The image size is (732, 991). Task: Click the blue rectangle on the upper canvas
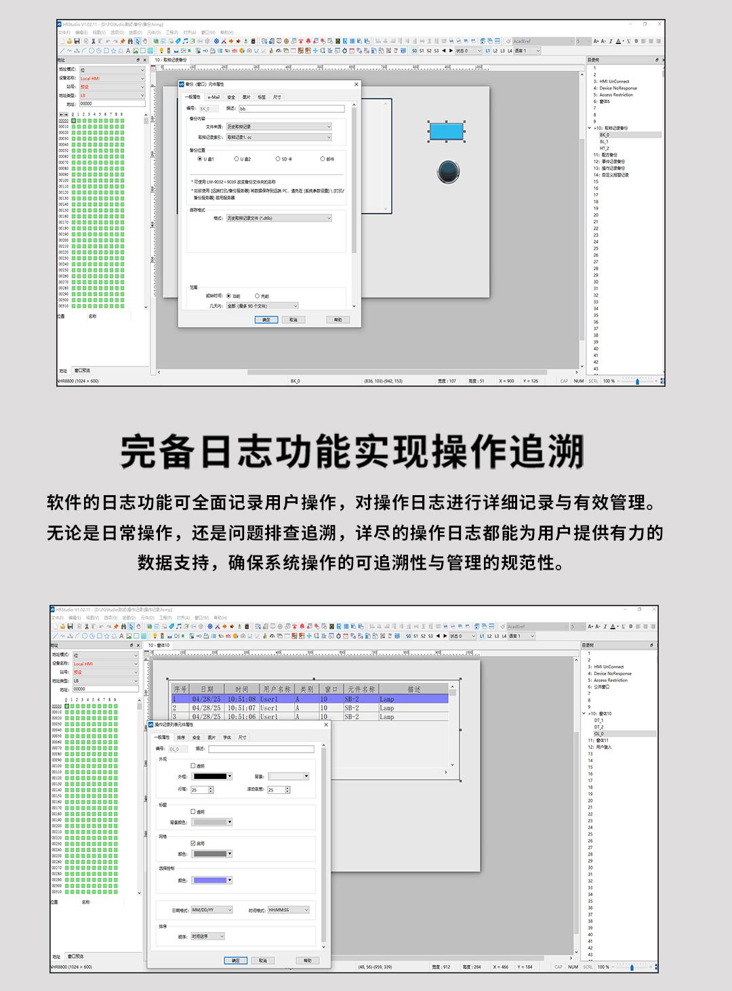click(x=446, y=131)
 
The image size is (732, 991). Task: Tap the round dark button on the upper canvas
click(x=449, y=171)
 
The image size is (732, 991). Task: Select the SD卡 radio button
click(x=277, y=159)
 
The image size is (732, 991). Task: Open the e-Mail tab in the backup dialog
click(x=213, y=97)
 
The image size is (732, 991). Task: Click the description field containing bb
click(x=291, y=108)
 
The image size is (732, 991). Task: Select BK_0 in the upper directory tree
click(x=604, y=135)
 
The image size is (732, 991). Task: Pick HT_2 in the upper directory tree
click(x=604, y=148)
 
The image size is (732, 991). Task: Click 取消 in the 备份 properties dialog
click(x=293, y=320)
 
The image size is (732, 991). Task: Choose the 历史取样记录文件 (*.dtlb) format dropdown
click(x=279, y=218)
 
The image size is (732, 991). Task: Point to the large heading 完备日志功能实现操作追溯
click(x=352, y=452)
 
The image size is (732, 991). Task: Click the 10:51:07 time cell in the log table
click(x=241, y=708)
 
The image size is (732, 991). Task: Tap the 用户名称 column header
click(x=277, y=690)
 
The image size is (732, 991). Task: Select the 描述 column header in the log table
click(x=414, y=690)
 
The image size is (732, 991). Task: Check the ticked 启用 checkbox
click(x=193, y=843)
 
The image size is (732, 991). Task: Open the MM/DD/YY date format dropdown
click(x=211, y=910)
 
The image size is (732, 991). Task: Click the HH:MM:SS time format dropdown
click(x=288, y=910)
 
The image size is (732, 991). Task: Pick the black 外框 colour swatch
click(x=211, y=776)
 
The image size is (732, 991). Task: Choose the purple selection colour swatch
click(x=211, y=880)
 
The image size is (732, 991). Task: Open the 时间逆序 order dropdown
click(x=207, y=936)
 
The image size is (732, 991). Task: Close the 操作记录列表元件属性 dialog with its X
click(x=326, y=725)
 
